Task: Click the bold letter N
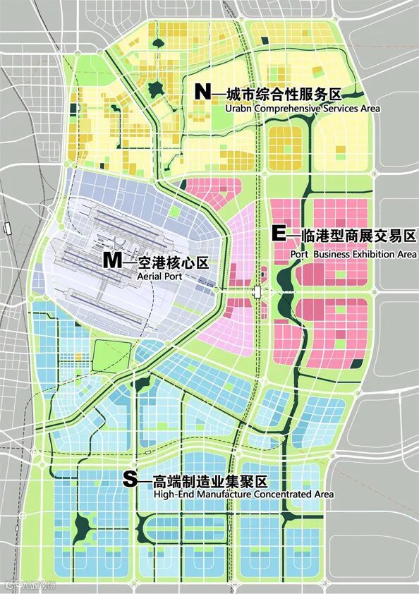pyautogui.click(x=202, y=92)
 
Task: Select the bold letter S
pyautogui.click(x=130, y=480)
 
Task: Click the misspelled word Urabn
pyautogui.click(x=237, y=109)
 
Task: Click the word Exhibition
pyautogui.click(x=369, y=254)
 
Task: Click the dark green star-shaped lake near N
pyautogui.click(x=155, y=89)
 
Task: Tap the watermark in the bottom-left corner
pyautogui.click(x=30, y=585)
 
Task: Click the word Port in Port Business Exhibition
pyautogui.click(x=299, y=254)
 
